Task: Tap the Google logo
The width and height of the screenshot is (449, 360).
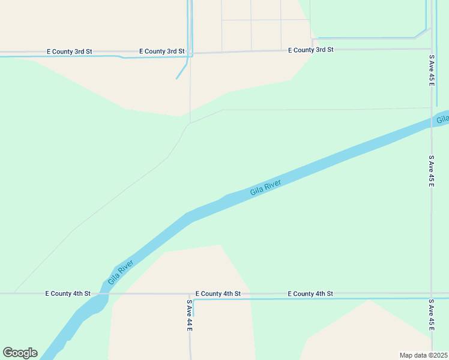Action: point(20,353)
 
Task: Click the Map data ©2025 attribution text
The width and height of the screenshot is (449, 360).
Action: point(423,355)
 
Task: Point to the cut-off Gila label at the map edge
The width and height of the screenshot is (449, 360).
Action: point(442,120)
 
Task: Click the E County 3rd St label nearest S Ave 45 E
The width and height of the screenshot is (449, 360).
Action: point(310,50)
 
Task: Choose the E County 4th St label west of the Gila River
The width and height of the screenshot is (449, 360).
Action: point(68,293)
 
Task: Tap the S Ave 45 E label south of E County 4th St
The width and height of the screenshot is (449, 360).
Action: point(431,314)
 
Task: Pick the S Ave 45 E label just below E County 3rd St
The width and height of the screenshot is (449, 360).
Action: point(431,70)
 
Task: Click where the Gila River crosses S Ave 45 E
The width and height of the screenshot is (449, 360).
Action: point(432,122)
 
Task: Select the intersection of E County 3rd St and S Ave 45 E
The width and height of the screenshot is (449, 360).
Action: point(431,49)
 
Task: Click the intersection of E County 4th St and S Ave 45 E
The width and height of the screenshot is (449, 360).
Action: point(431,293)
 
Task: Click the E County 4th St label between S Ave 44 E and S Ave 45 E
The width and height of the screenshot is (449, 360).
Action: point(310,293)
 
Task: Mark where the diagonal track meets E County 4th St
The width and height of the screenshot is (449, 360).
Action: point(14,293)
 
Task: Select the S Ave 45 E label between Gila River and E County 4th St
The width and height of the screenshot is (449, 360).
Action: point(431,171)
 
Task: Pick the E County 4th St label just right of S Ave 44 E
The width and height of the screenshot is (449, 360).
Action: point(218,293)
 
